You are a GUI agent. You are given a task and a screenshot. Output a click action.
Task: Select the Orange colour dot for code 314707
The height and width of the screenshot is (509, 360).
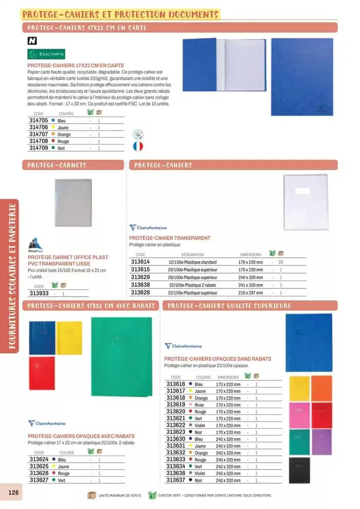[53, 134]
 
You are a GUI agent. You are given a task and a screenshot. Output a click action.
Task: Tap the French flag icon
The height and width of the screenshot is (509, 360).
[137, 146]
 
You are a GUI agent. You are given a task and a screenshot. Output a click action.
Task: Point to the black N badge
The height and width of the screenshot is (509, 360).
[31, 41]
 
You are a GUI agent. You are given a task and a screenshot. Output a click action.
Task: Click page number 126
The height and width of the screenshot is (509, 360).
[13, 493]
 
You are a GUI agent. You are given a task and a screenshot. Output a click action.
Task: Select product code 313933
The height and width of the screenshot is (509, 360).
[39, 294]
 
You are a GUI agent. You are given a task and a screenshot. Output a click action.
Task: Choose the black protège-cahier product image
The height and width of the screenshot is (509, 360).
[300, 470]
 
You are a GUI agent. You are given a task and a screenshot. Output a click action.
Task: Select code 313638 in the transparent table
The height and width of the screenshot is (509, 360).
[140, 285]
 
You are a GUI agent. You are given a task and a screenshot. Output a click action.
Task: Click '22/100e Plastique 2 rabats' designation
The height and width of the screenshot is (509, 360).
[192, 285]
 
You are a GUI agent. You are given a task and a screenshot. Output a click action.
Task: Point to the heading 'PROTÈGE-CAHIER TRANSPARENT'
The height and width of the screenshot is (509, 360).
[170, 238]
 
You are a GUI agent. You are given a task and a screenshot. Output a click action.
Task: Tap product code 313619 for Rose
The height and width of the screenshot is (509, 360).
[176, 405]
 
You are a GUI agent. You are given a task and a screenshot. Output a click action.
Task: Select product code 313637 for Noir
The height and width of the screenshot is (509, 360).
[176, 480]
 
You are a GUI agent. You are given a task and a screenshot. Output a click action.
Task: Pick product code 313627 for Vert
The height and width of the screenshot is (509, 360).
[39, 480]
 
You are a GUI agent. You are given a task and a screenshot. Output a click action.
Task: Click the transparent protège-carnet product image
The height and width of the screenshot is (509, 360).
[74, 204]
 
